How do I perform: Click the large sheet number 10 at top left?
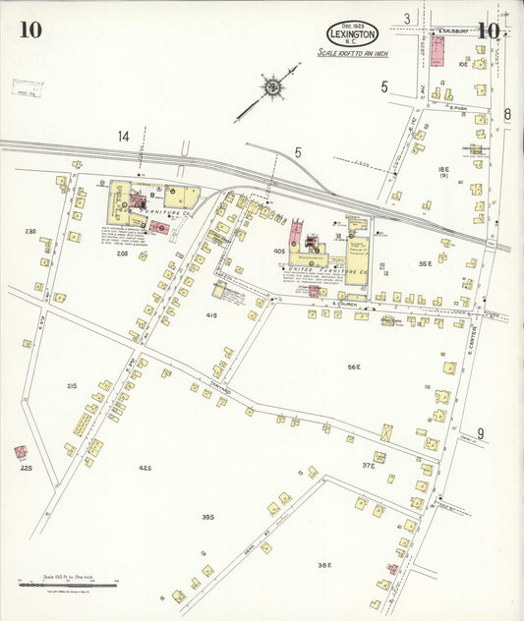pos(29,28)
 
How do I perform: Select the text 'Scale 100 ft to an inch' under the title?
pos(353,52)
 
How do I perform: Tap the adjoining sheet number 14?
pos(124,137)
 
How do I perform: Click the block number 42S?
pos(145,468)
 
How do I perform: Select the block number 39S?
pos(207,517)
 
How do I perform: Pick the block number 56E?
pos(354,367)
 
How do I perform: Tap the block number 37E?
pos(369,465)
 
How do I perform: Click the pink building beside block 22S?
pos(20,452)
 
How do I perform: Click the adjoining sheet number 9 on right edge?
pos(481,432)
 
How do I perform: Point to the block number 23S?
pos(30,232)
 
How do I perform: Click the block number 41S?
pos(210,314)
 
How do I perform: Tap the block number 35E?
pos(425,263)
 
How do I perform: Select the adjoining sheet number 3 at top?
pos(406,18)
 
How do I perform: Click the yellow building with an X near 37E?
pos(387,431)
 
